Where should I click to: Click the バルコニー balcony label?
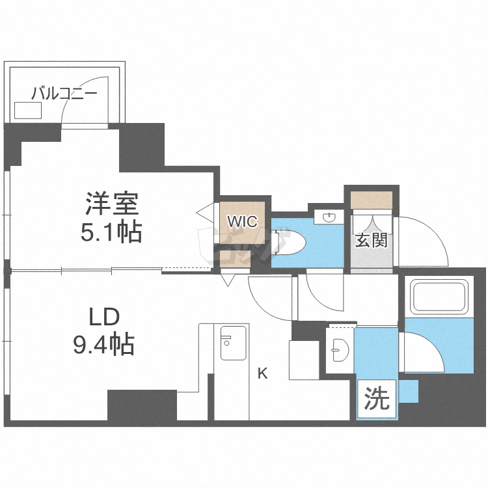tap(64, 93)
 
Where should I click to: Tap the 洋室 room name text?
tap(112, 204)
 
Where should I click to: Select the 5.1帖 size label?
tap(111, 232)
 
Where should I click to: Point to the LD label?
tap(104, 317)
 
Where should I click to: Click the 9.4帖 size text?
tap(103, 344)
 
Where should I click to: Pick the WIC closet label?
tap(242, 222)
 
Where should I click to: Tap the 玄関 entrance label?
tap(372, 240)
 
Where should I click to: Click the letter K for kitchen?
tap(263, 373)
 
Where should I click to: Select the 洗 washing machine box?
tap(377, 399)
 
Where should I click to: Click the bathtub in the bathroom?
tap(439, 297)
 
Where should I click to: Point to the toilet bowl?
tap(289, 243)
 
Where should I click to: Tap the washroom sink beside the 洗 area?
tap(340, 350)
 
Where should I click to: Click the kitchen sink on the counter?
tap(233, 343)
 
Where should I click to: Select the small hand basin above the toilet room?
tap(329, 217)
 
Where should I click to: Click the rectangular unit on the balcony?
tap(28, 111)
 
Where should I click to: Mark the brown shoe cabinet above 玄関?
tap(372, 200)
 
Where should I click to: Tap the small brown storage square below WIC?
tap(236, 259)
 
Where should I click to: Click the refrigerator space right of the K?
tap(304, 360)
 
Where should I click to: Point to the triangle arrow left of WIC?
tap(206, 213)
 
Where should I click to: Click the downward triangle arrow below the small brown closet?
tap(228, 280)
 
